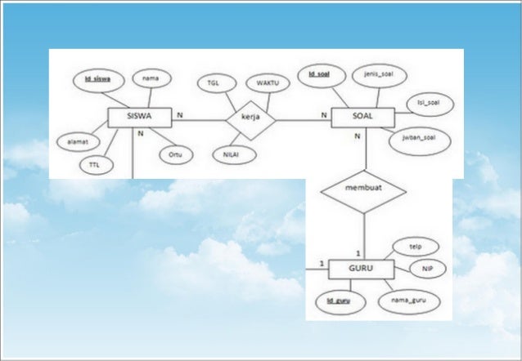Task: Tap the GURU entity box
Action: [x=361, y=268]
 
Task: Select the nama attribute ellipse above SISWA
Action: [x=151, y=78]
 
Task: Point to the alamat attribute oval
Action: [x=78, y=140]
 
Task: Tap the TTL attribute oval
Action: [x=96, y=164]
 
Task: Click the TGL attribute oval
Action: [x=214, y=83]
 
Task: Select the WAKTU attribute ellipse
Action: [x=268, y=83]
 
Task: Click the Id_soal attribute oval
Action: [x=319, y=75]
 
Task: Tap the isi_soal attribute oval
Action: [x=429, y=102]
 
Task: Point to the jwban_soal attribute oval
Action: [x=418, y=137]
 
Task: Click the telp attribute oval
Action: [x=416, y=245]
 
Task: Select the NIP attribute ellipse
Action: [x=427, y=268]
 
